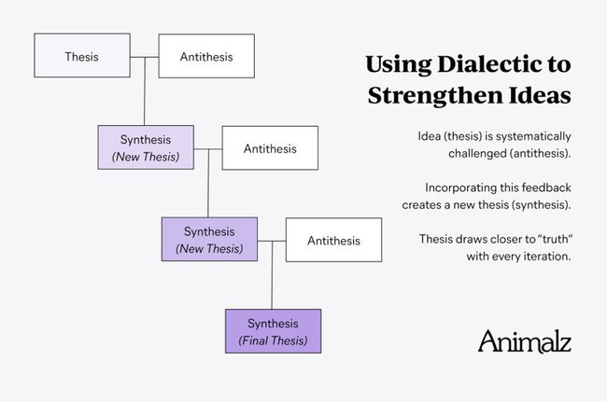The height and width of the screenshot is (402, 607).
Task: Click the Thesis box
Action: tap(82, 55)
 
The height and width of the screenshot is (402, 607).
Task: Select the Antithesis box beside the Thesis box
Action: tap(206, 56)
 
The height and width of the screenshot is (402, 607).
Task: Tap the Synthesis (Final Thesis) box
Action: tap(274, 331)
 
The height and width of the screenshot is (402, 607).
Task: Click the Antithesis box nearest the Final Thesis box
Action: tap(333, 240)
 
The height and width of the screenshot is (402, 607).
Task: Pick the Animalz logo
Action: tap(525, 341)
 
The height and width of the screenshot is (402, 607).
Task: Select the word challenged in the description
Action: tap(477, 154)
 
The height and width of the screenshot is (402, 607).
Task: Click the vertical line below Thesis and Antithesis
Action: tap(145, 91)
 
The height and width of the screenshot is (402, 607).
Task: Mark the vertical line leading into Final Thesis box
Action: tap(272, 275)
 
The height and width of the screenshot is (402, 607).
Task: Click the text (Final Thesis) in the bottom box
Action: tap(273, 341)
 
